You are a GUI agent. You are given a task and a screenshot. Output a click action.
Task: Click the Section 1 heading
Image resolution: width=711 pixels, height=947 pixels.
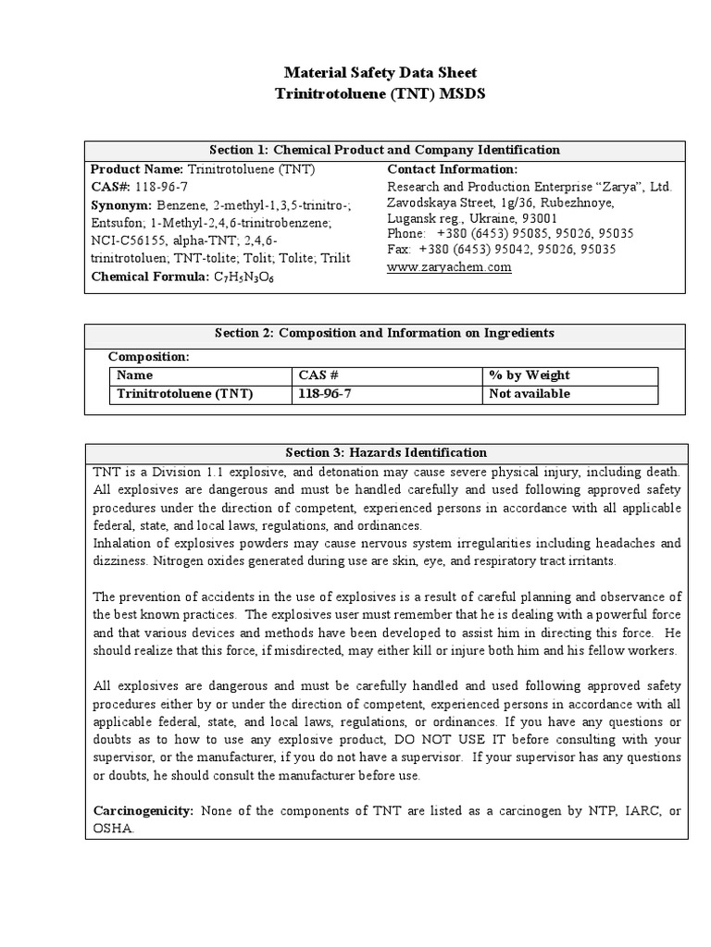click(386, 150)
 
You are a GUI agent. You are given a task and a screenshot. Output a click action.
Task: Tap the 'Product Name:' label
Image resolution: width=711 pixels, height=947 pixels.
click(137, 169)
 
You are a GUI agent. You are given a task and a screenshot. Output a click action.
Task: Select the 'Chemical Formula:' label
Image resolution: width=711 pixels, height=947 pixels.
click(149, 276)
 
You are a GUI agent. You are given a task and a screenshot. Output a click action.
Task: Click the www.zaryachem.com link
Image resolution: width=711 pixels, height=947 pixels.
click(449, 267)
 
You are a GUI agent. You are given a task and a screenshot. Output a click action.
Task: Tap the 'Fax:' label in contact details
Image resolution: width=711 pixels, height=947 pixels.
click(398, 250)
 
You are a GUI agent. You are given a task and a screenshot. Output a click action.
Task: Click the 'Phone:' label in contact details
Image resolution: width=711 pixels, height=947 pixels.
click(405, 233)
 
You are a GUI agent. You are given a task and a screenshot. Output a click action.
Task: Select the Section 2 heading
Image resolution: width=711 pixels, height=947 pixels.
click(385, 333)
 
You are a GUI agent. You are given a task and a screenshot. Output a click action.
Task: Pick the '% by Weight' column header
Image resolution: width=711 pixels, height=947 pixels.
click(530, 375)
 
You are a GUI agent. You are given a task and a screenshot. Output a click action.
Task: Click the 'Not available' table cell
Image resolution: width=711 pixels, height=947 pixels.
click(530, 394)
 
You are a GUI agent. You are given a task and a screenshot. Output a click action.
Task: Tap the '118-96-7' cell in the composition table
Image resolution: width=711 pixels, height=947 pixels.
click(325, 394)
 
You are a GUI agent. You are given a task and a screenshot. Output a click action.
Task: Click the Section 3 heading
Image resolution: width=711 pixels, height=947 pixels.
click(385, 452)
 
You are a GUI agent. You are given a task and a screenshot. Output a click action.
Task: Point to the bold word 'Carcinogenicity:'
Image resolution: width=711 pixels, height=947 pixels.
click(143, 811)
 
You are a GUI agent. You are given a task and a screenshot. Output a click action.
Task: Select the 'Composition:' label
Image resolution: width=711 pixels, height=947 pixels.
click(148, 356)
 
